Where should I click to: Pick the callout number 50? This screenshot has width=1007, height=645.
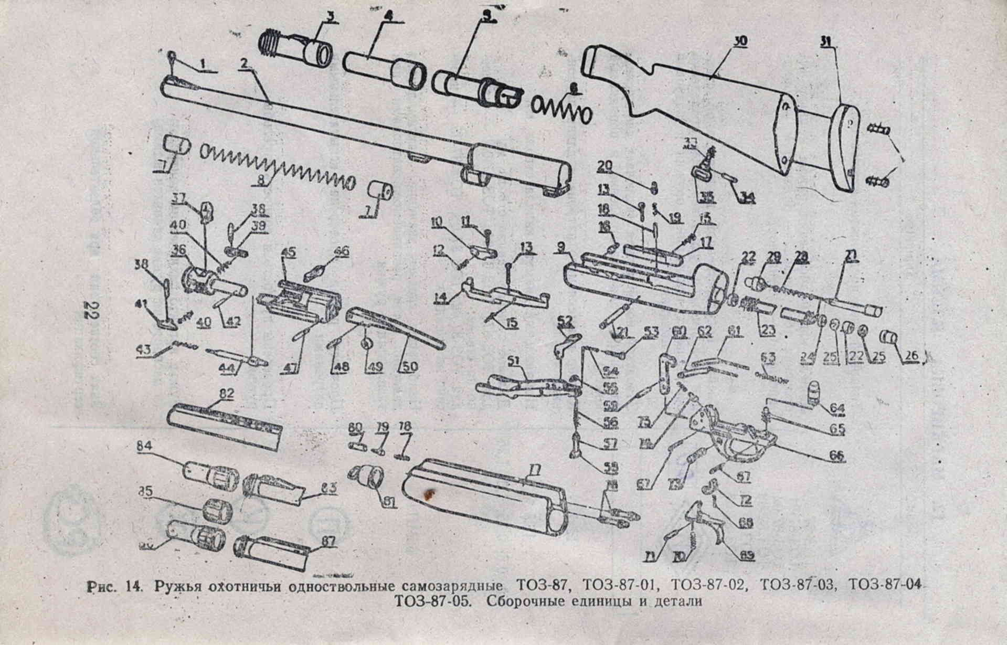(409, 367)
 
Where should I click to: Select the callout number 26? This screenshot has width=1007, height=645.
(911, 356)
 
